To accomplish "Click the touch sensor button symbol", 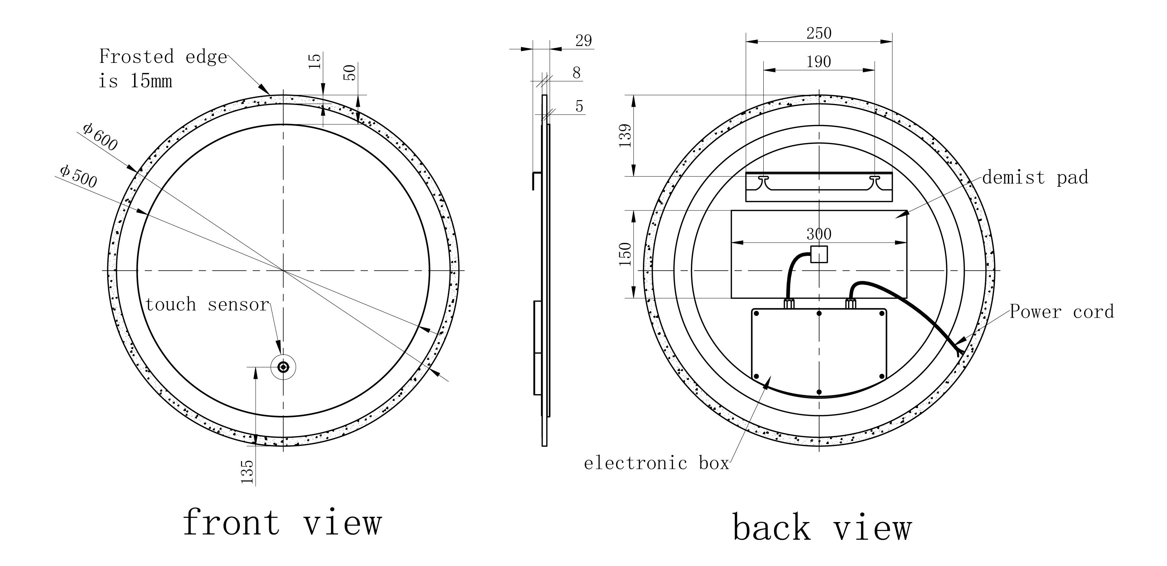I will pyautogui.click(x=284, y=367).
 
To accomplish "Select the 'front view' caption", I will pyautogui.click(x=282, y=523).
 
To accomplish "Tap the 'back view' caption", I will pyautogui.click(x=821, y=527).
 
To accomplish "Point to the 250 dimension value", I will pyautogui.click(x=819, y=33).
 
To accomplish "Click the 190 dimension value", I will pyautogui.click(x=818, y=61).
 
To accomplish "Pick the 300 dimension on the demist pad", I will pyautogui.click(x=819, y=234).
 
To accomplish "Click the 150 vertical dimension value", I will pyautogui.click(x=625, y=254).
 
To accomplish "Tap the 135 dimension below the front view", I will pyautogui.click(x=247, y=471).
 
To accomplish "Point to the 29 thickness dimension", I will pyautogui.click(x=583, y=41).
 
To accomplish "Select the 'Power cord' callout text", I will pyautogui.click(x=1062, y=312).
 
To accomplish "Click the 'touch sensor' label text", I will pyautogui.click(x=207, y=305).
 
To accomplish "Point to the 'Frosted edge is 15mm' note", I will pyautogui.click(x=162, y=69).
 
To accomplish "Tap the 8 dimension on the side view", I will pyautogui.click(x=576, y=73).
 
